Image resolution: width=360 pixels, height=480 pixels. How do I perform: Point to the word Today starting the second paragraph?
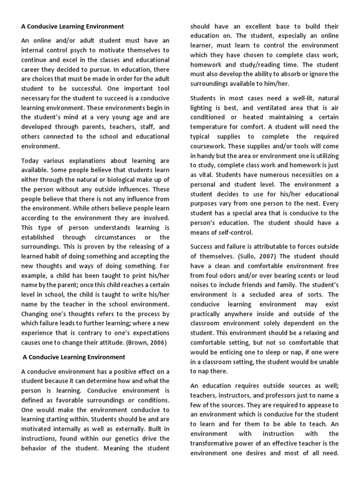point(31,161)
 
